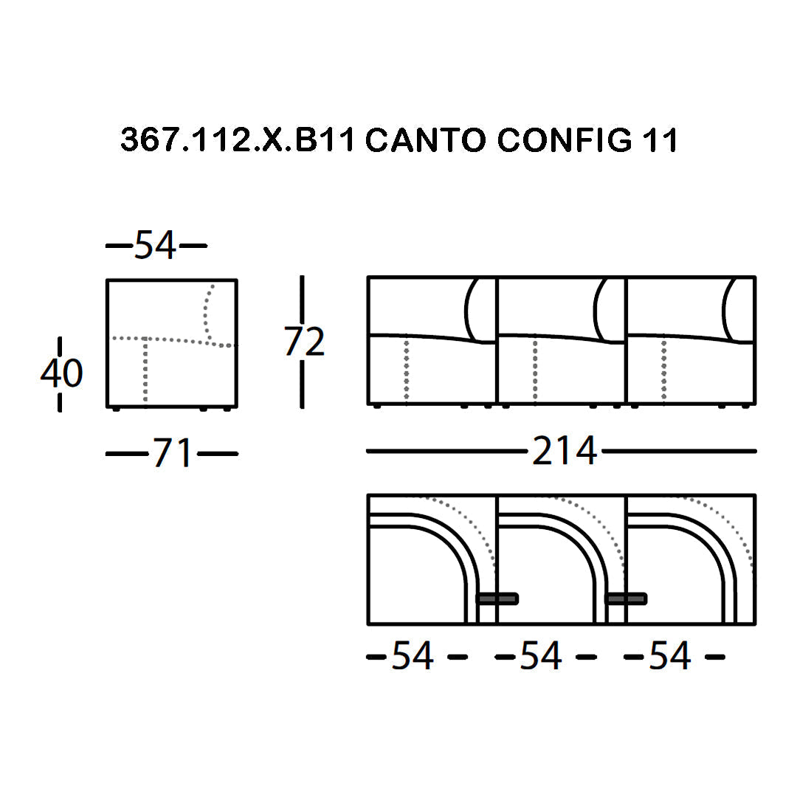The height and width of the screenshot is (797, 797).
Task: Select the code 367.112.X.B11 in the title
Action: coord(238,139)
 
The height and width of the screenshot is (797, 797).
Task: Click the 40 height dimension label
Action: coord(61,373)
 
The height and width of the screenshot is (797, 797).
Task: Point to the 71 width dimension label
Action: coord(172,453)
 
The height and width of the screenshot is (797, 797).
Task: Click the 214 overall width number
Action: coord(565,451)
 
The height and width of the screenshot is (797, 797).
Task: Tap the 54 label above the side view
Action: coord(156,245)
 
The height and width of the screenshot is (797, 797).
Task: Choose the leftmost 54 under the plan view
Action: coord(413,656)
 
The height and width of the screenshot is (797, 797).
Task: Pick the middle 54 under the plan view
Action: coord(541,656)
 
